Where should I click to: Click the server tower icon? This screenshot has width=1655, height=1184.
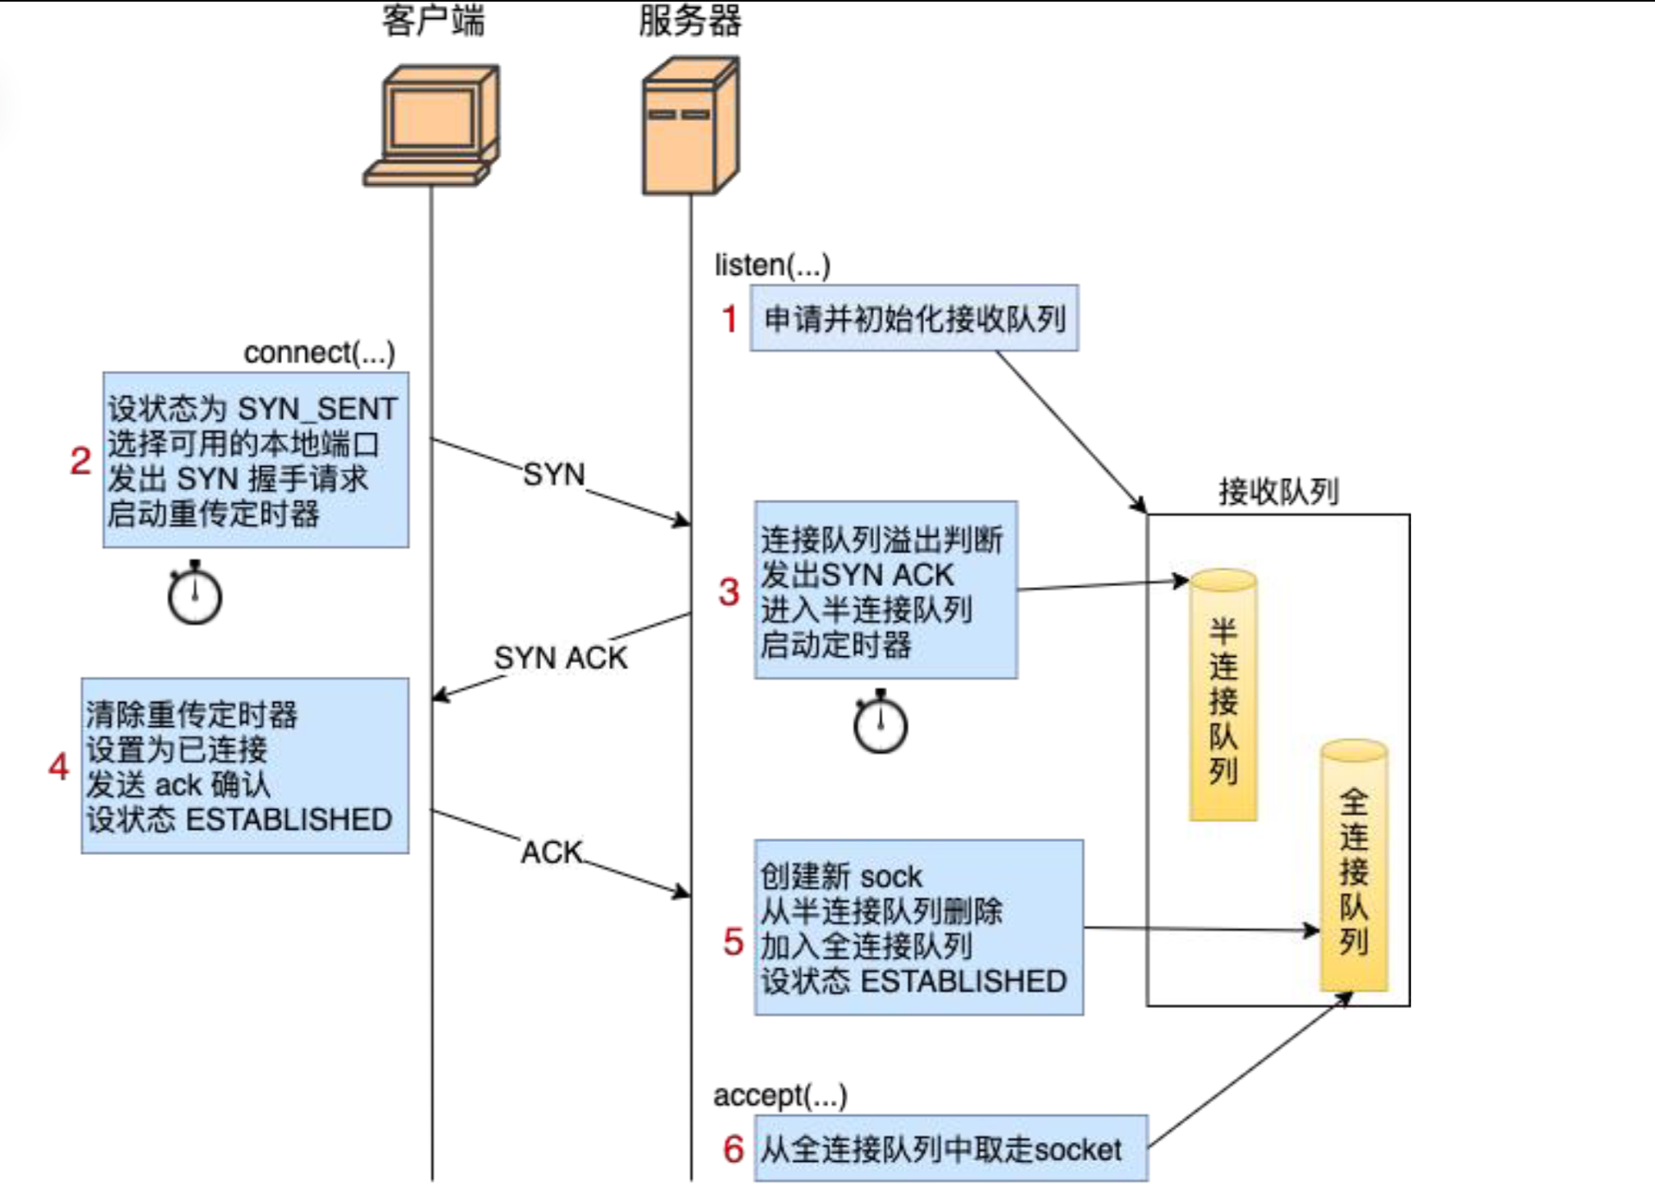(690, 126)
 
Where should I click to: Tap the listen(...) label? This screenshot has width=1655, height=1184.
(772, 265)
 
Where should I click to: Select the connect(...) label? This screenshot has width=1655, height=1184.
(319, 353)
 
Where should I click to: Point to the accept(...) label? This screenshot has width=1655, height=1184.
(779, 1095)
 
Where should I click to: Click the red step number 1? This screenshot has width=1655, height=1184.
(729, 319)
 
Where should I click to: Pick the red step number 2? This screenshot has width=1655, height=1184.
(81, 460)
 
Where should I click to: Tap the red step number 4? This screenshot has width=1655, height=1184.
(58, 766)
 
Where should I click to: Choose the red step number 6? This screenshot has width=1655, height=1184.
(733, 1149)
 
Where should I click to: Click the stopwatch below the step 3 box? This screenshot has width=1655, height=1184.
(881, 723)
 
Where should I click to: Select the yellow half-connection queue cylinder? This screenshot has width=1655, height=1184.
(1223, 695)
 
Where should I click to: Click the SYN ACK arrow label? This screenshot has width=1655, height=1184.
(561, 658)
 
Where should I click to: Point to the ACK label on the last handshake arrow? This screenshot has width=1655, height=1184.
(552, 853)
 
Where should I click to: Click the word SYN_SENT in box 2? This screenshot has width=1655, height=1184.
(317, 409)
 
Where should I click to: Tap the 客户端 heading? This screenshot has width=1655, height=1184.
(433, 21)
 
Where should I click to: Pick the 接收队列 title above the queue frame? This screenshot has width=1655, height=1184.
(1278, 492)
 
